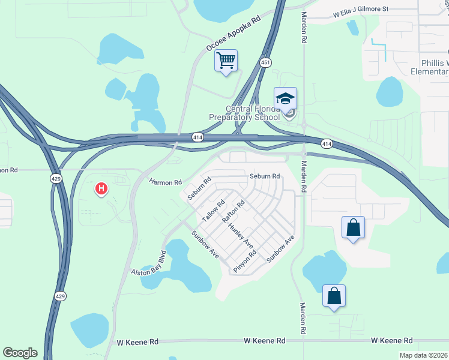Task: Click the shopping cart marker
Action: coord(226,61)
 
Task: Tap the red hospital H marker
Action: coord(101,189)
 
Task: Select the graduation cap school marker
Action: coord(286,98)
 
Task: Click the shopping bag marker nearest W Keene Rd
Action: coord(334,296)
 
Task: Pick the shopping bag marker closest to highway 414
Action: coord(353,228)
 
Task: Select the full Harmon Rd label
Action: coord(166,182)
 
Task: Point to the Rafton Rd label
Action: coord(234,212)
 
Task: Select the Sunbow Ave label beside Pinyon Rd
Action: coord(281,248)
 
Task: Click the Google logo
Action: coord(20,353)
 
